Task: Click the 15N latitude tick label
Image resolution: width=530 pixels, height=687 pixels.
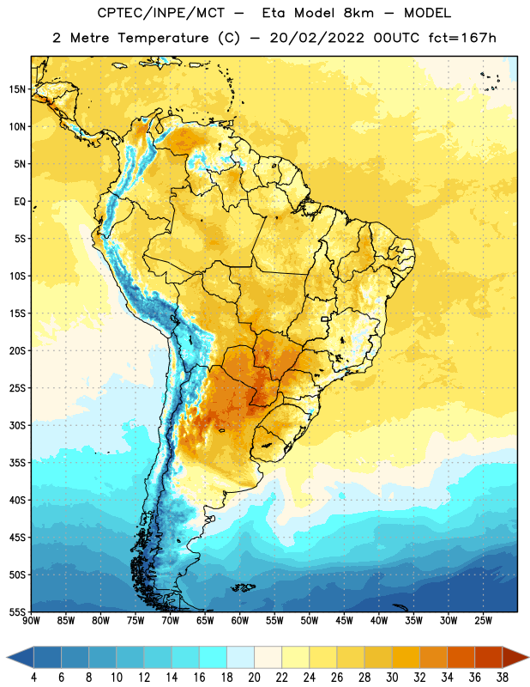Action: point(17,89)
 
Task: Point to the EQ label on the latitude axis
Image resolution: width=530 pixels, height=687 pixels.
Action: point(20,202)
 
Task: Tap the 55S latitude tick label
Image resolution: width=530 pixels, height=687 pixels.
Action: point(17,611)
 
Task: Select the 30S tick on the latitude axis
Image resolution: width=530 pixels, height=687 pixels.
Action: point(17,425)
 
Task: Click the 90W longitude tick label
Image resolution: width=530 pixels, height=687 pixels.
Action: point(31,621)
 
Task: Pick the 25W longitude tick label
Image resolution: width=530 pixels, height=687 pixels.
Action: point(483,621)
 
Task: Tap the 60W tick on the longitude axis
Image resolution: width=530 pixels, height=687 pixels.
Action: point(240,621)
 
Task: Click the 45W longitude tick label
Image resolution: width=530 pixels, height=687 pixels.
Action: point(344,621)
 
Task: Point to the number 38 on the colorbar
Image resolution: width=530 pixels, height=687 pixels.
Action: point(503,678)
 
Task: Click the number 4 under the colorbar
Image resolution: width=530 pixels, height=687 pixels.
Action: point(33,678)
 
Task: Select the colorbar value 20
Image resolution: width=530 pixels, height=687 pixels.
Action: point(254,678)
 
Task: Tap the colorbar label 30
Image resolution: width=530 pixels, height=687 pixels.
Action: point(392,678)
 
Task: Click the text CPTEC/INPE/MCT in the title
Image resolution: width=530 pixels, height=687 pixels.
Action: point(161,13)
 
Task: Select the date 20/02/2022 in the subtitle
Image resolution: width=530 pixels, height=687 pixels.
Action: point(316,38)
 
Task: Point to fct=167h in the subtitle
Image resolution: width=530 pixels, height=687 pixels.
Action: point(462,38)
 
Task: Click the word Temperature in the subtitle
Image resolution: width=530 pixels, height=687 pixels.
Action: point(163,38)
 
